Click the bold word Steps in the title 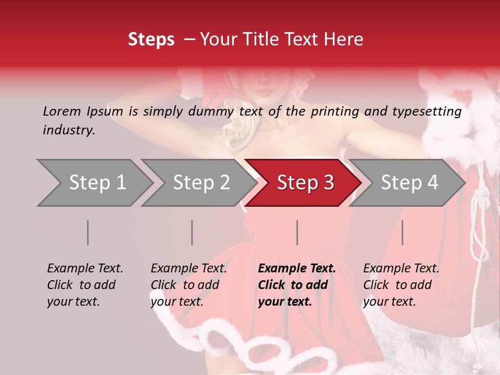(151, 40)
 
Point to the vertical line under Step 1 (88, 232)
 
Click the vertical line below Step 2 (192, 232)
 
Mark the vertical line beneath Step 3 (297, 232)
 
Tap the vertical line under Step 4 (402, 232)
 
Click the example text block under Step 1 (84, 285)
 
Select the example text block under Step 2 (188, 285)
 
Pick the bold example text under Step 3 (296, 285)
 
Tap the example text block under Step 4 (401, 285)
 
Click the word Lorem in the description (62, 111)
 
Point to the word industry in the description (69, 130)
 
